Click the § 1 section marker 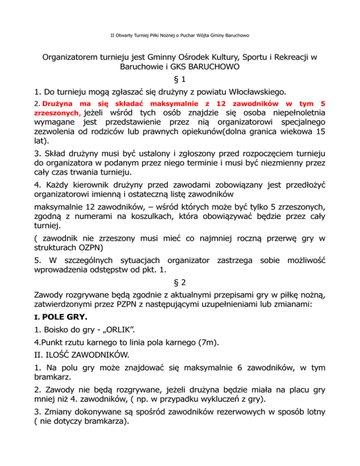[x=180, y=81]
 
